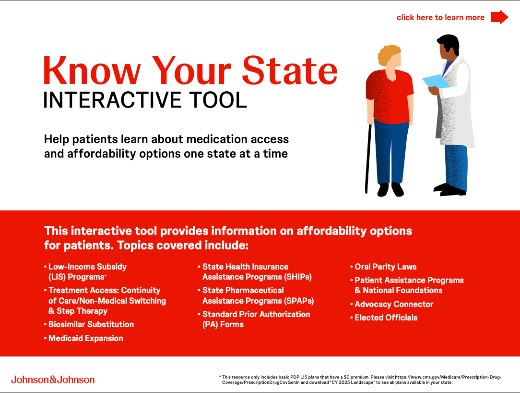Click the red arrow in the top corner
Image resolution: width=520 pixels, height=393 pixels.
tap(499, 17)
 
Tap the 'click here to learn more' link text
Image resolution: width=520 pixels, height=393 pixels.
tap(440, 18)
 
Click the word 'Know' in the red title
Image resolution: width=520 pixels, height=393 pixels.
tap(92, 71)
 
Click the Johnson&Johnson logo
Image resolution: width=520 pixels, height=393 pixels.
tap(53, 380)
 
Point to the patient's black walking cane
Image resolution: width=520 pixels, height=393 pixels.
tap(367, 159)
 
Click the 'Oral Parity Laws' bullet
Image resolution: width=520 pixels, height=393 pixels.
tap(385, 267)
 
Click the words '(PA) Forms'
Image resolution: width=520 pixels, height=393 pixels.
tap(223, 325)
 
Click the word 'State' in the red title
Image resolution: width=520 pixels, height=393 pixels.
tap(290, 71)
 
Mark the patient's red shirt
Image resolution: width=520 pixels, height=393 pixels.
tap(390, 97)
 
